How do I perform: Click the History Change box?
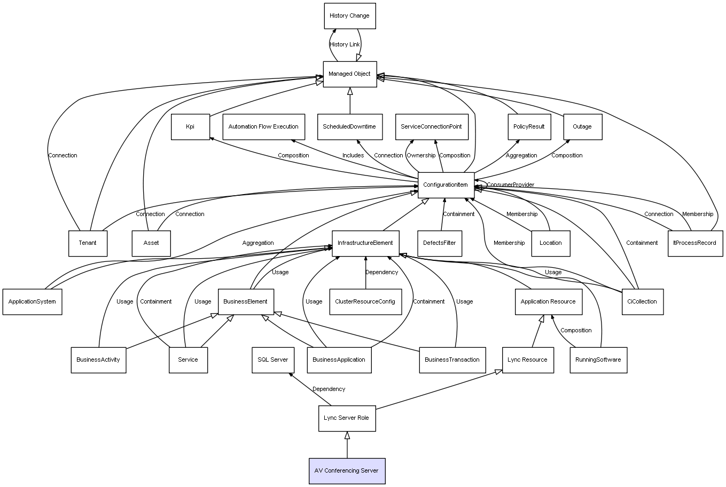[x=349, y=16]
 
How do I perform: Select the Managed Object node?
[x=349, y=74]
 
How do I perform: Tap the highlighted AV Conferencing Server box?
[x=347, y=471]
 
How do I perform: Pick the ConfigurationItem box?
[x=446, y=185]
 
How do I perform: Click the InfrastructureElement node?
[x=365, y=243]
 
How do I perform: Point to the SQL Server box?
[x=272, y=360]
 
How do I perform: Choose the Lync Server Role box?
[x=346, y=418]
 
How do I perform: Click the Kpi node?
[x=190, y=127]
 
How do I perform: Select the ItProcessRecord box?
[x=694, y=243]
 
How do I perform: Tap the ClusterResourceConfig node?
[x=365, y=302]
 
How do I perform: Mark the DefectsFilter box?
[x=440, y=243]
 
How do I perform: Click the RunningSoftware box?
[x=598, y=360]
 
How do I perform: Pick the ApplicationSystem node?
[x=32, y=302]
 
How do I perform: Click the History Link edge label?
[x=345, y=45]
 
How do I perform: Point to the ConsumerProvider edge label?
[x=510, y=185]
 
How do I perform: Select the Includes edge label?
[x=353, y=156]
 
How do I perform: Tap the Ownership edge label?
[x=421, y=156]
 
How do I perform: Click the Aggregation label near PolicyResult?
[x=521, y=156]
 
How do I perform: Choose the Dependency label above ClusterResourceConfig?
[x=381, y=273]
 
